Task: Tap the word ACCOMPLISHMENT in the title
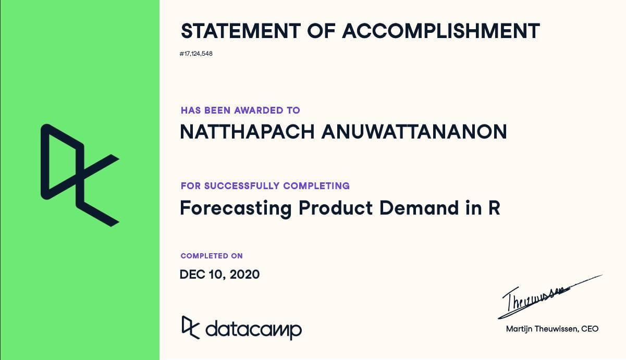[x=441, y=31]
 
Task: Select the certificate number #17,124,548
[x=196, y=54]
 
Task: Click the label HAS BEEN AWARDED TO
[x=240, y=110]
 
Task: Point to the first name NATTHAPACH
[x=247, y=132]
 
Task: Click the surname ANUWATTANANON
[x=414, y=132]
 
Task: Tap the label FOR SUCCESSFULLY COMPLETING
[x=265, y=185]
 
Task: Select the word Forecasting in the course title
[x=235, y=208]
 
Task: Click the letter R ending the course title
[x=494, y=208]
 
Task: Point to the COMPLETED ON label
[x=212, y=256]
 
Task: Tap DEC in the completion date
[x=191, y=274]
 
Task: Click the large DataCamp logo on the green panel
[x=80, y=175]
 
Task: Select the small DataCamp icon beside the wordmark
[x=190, y=327]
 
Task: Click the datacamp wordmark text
[x=254, y=329]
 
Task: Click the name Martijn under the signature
[x=519, y=329]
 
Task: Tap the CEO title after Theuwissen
[x=591, y=329]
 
